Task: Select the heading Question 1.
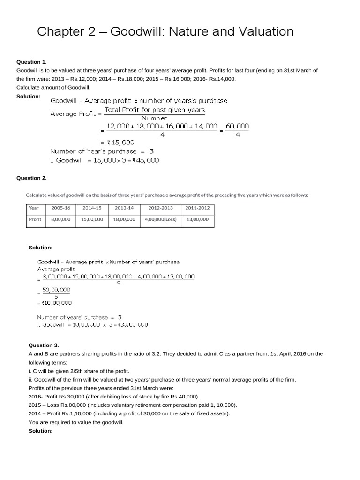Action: click(x=31, y=62)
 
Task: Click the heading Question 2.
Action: click(x=31, y=178)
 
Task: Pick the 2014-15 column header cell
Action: click(x=92, y=208)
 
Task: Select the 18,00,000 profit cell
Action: click(x=124, y=219)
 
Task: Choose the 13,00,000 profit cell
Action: click(x=197, y=219)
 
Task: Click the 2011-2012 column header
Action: click(x=197, y=208)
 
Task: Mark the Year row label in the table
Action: click(x=34, y=208)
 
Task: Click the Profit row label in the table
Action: click(x=35, y=219)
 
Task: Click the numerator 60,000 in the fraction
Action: click(x=237, y=126)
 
